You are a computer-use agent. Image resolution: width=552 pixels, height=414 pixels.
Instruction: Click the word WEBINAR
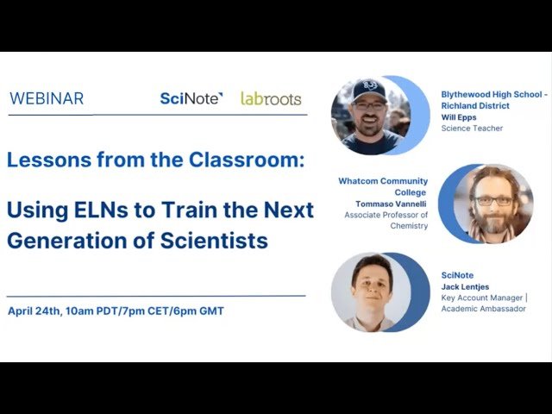point(47,98)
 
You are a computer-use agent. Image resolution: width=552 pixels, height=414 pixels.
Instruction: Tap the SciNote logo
point(191,98)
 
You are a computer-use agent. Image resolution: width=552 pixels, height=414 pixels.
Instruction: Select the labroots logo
point(271,98)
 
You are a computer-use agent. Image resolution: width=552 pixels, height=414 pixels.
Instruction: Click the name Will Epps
point(458,117)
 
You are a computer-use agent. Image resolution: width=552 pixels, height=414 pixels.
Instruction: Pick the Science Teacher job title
point(472,129)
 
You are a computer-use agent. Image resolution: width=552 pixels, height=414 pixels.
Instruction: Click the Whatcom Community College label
point(383,187)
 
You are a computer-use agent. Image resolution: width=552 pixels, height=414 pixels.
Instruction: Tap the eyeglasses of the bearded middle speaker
point(494,200)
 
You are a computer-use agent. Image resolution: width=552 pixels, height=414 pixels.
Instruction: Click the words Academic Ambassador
point(483,309)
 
